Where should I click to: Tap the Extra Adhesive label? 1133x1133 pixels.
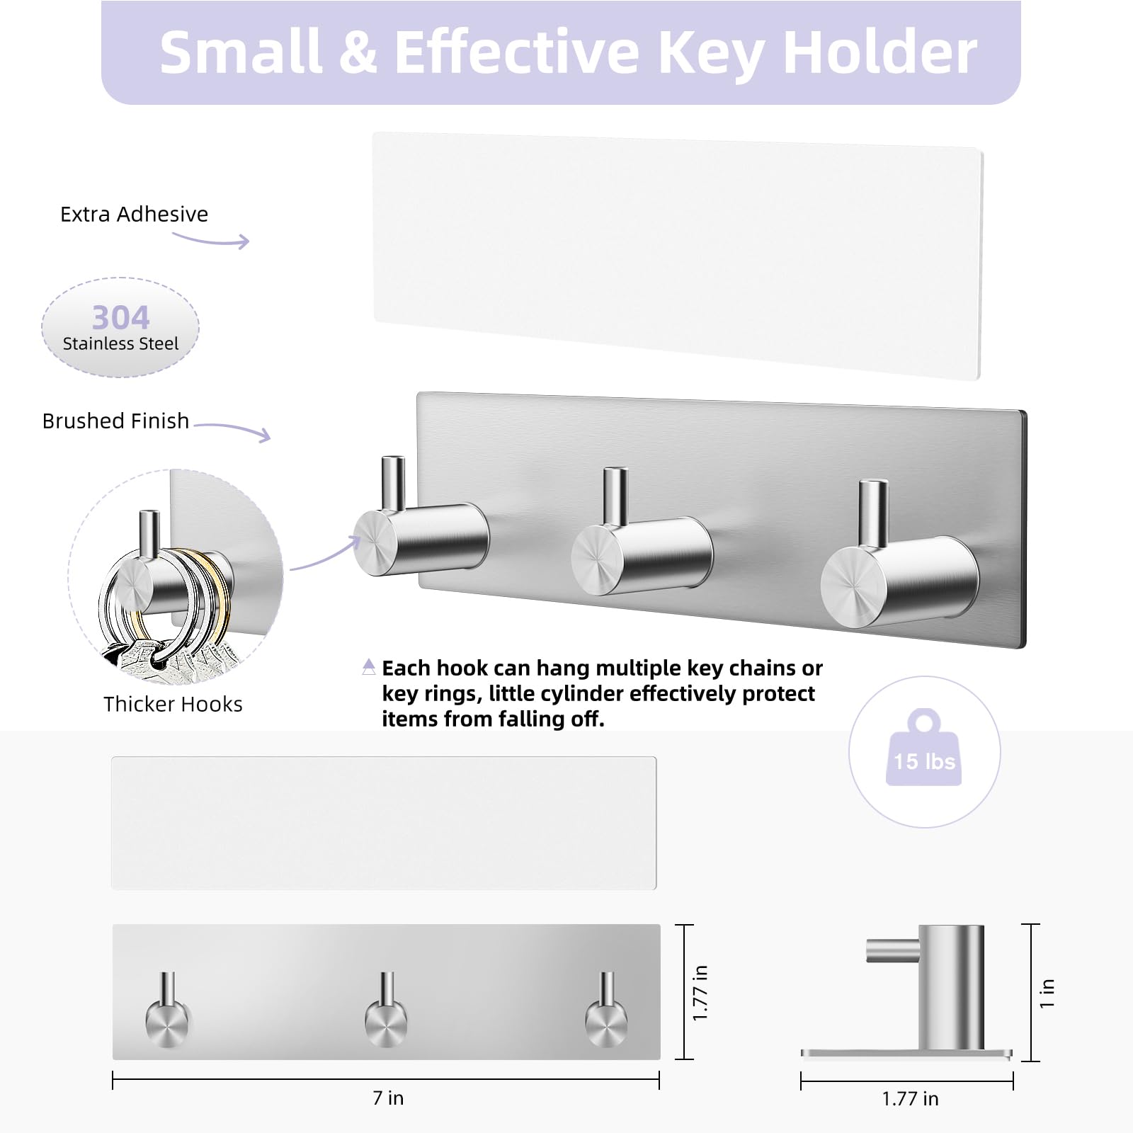(134, 214)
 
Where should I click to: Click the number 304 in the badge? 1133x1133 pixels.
(120, 317)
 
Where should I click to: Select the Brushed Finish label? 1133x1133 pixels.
(115, 421)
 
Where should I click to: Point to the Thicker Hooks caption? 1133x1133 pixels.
(173, 704)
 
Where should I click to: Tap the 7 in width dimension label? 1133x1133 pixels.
(388, 1098)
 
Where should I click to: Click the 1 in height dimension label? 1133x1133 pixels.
(1047, 993)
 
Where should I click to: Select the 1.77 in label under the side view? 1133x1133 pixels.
(910, 1098)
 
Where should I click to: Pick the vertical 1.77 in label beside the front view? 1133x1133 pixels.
(700, 993)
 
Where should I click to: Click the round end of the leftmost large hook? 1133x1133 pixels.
(375, 542)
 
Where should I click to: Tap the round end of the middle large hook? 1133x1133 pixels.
(598, 560)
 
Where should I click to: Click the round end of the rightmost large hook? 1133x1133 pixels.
(853, 586)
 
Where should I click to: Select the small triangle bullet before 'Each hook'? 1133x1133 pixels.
(369, 666)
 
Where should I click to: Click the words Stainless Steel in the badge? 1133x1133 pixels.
(120, 343)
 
